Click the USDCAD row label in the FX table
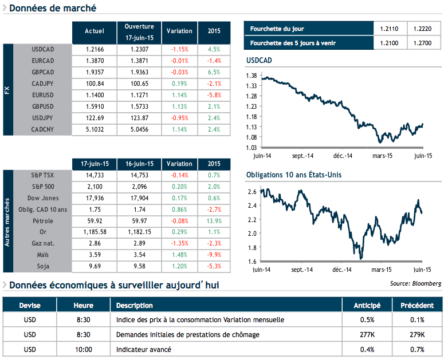[43, 49]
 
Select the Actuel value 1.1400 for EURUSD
[95, 95]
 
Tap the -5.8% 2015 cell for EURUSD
[214, 95]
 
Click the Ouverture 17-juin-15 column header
[139, 31]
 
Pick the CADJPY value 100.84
[95, 84]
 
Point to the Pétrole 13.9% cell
[214, 221]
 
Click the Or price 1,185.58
[95, 232]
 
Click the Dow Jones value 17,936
[95, 198]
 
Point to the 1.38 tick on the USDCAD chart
[251, 76]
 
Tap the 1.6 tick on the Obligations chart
[252, 262]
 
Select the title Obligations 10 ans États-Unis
[293, 175]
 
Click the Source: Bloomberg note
[415, 283]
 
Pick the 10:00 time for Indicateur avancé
[83, 349]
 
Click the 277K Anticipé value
[367, 334]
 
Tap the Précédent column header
[417, 305]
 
